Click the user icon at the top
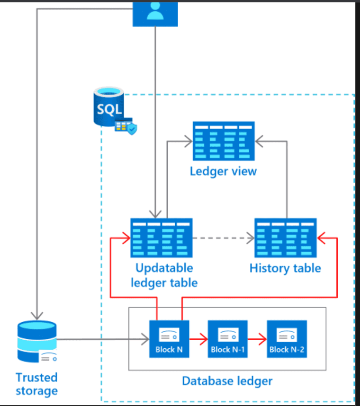[x=155, y=13]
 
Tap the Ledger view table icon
[x=223, y=141]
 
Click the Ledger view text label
[x=223, y=171]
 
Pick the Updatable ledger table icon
[x=162, y=238]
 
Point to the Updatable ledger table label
[x=164, y=275]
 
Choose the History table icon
[x=285, y=238]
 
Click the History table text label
[x=285, y=268]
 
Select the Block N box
[x=169, y=339]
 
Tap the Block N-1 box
[x=227, y=339]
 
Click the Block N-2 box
[x=287, y=339]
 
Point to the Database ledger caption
[x=227, y=380]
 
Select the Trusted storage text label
[x=36, y=384]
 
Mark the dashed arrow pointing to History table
[x=223, y=238]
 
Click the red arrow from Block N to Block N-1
[x=198, y=339]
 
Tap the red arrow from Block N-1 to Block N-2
[x=257, y=339]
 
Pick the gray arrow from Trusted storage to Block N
[x=102, y=339]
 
